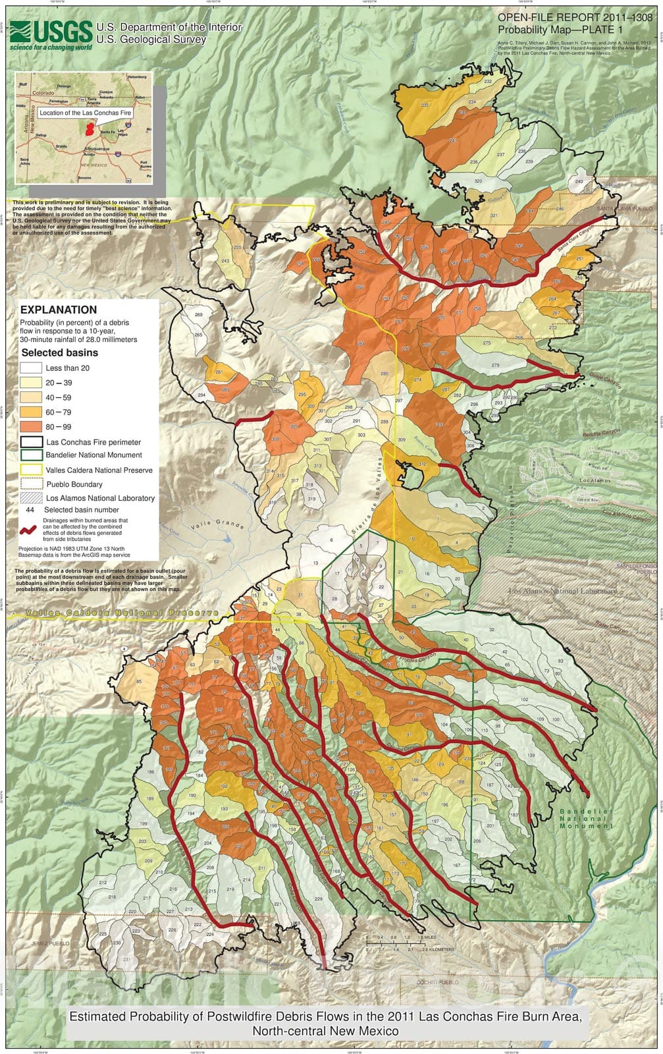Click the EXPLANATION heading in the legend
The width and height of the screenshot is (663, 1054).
(59, 310)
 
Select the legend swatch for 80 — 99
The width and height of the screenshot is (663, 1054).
(31, 427)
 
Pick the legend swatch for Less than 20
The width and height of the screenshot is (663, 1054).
(31, 368)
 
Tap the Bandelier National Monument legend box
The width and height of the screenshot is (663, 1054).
(31, 455)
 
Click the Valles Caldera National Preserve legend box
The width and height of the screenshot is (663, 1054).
(31, 470)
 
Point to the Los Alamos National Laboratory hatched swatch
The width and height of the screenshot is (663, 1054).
(31, 498)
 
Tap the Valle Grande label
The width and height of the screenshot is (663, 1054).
(218, 527)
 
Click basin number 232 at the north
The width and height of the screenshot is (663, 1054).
(488, 81)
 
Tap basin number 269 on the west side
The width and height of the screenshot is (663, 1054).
(198, 315)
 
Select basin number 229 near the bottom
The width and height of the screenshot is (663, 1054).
(319, 899)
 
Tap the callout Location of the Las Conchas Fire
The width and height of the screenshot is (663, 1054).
(85, 113)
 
